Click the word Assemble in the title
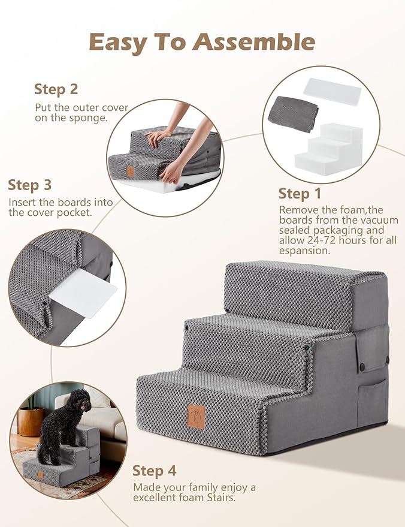[x=255, y=42]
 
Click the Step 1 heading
[x=300, y=194]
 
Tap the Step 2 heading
[x=56, y=89]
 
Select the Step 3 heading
[x=30, y=185]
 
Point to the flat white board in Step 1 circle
[x=333, y=91]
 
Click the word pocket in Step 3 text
[x=75, y=213]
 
